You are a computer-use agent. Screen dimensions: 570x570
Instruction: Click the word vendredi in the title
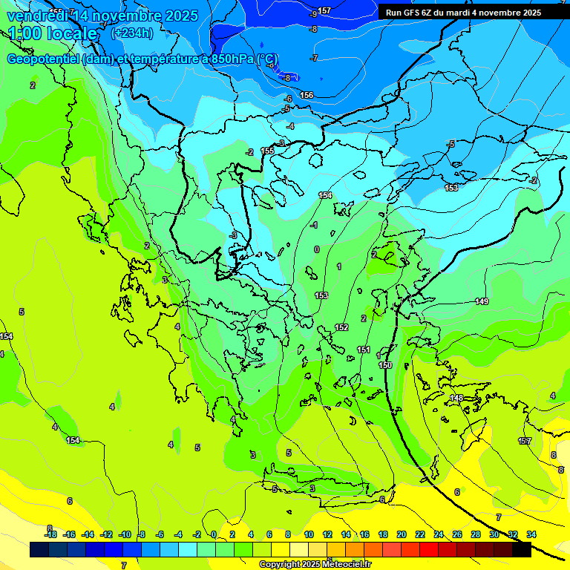(36, 16)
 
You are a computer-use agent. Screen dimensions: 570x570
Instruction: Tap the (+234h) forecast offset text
(132, 33)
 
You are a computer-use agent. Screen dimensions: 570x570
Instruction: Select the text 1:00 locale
(53, 33)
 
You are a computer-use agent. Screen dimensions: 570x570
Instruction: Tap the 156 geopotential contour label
(307, 95)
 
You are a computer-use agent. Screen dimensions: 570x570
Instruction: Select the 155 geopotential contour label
(267, 151)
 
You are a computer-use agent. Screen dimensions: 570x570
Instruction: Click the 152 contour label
(341, 327)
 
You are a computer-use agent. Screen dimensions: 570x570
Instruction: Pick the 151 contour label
(364, 350)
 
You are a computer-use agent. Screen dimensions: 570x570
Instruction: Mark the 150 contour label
(385, 365)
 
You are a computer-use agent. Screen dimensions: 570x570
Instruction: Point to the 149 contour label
(482, 301)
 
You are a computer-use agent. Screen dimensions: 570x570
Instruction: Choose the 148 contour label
(456, 399)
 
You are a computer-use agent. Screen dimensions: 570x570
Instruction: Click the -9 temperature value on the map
(314, 14)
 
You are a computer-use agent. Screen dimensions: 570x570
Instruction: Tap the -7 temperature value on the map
(314, 58)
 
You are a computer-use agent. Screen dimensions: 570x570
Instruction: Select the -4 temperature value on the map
(290, 127)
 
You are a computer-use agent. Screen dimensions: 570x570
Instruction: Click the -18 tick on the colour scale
(50, 534)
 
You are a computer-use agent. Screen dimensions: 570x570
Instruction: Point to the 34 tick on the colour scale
(531, 534)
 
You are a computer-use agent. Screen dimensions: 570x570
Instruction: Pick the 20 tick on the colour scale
(401, 534)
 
